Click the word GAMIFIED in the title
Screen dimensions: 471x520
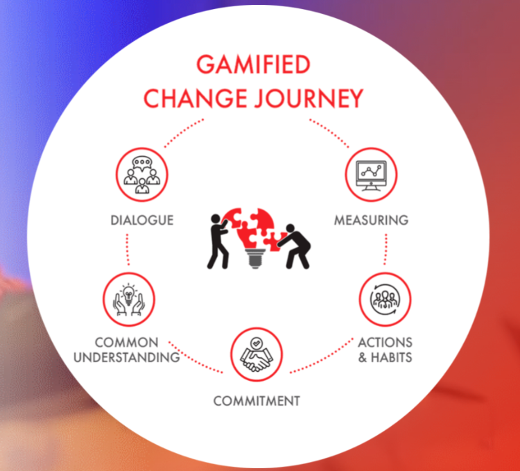252,65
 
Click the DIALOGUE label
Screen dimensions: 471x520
141,221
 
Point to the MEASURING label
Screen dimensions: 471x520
371,221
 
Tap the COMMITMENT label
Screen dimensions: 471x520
257,401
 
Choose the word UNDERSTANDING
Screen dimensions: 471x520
126,358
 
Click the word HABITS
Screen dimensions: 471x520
392,358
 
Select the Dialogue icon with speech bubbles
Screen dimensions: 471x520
141,175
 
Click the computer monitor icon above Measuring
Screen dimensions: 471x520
371,175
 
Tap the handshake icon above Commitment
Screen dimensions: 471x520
257,354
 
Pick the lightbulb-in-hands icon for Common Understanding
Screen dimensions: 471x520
129,299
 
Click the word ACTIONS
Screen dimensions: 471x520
385,343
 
